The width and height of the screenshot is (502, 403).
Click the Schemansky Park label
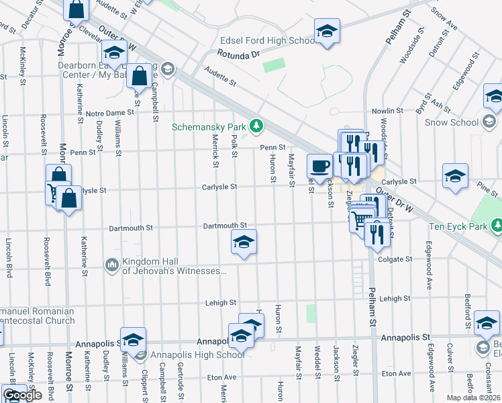click(x=209, y=126)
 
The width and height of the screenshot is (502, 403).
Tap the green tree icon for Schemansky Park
click(x=256, y=126)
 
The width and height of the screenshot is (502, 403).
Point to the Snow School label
click(x=451, y=122)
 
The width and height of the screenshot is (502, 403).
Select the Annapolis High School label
click(x=189, y=355)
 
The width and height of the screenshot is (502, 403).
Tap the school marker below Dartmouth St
click(x=243, y=242)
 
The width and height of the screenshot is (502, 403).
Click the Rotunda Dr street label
click(x=238, y=55)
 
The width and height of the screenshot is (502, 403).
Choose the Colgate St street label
click(x=394, y=259)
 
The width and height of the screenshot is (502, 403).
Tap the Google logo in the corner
click(x=23, y=395)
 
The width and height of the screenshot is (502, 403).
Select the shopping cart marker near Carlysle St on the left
click(x=54, y=193)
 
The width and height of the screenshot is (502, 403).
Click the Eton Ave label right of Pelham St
click(x=395, y=373)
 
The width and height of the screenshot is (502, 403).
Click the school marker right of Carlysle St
click(x=456, y=176)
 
